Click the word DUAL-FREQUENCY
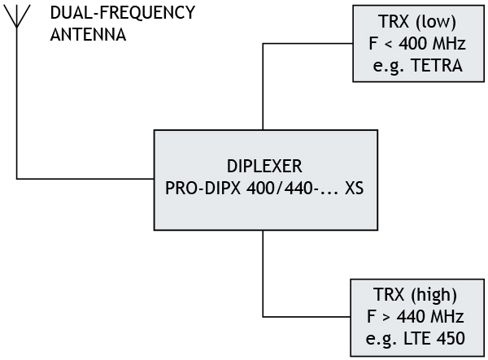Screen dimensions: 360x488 point(122,14)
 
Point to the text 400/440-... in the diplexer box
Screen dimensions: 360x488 point(285,188)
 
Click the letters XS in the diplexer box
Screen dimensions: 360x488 point(354,188)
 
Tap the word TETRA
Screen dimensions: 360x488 point(438,66)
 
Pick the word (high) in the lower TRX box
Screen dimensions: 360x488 point(437,293)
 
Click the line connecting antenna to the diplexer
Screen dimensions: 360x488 point(81,178)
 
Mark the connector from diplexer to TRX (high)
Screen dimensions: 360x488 point(264,276)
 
